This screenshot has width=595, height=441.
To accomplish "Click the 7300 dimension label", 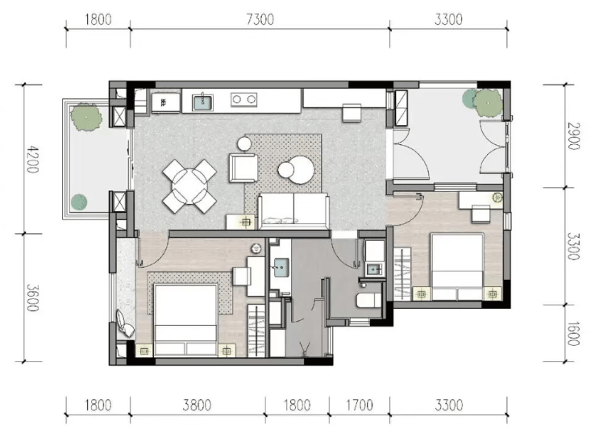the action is point(260,19).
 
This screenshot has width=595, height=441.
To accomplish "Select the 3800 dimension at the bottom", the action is point(197,405).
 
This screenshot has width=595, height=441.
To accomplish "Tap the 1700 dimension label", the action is point(360,405).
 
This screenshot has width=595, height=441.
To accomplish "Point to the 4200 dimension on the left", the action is point(32,159).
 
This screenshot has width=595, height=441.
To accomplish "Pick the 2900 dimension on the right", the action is point(573,136).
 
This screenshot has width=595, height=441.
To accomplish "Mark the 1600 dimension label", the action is point(573,334).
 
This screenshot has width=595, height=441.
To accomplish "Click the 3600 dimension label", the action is point(32,298).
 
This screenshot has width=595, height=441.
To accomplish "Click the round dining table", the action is point(189,186).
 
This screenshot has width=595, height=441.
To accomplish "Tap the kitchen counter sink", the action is point(202,102).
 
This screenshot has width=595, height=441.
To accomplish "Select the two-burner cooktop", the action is point(244,99).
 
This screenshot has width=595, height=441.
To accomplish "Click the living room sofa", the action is point(293,211).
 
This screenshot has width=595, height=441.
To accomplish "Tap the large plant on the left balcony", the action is point(86,117).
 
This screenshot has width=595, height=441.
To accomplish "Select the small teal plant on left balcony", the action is point(79,202).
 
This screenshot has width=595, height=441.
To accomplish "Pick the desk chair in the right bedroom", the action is point(481,214).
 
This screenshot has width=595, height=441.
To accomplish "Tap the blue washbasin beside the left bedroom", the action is point(281,268).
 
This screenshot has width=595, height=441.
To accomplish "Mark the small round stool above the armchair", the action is point(244,144).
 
